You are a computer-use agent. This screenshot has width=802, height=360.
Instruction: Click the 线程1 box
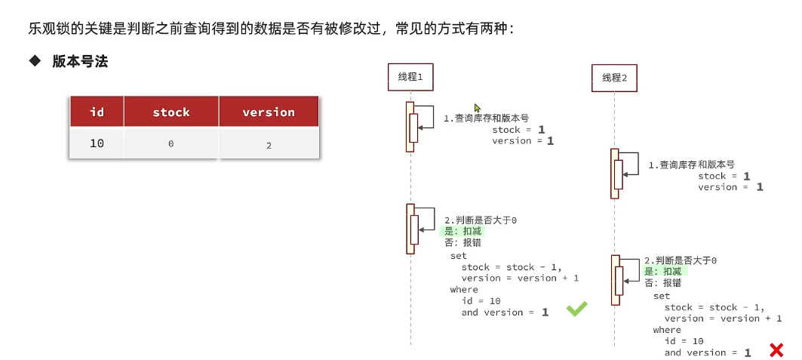(x=410, y=76)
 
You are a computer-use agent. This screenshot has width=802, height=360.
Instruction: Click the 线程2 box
(x=614, y=77)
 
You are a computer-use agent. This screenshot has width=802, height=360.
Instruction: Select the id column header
(x=97, y=112)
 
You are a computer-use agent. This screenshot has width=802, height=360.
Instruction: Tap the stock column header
(x=171, y=112)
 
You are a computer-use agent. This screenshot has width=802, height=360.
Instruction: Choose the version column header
(x=269, y=112)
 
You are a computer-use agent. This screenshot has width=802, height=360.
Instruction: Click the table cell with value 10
(x=97, y=143)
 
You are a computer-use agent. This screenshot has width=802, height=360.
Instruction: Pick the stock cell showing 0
(x=171, y=143)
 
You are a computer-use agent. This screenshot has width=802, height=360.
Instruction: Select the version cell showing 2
(x=269, y=144)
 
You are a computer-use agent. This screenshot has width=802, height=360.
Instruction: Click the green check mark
(x=577, y=309)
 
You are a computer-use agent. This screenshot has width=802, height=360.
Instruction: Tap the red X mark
(x=775, y=349)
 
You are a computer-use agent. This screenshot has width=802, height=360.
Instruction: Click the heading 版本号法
(x=80, y=62)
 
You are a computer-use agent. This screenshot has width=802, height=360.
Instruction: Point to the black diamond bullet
(x=34, y=62)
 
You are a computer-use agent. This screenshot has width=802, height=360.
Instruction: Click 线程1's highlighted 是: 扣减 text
(x=462, y=232)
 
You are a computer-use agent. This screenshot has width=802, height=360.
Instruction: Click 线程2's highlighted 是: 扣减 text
(x=665, y=272)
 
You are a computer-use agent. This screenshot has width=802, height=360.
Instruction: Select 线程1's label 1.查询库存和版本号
(x=486, y=118)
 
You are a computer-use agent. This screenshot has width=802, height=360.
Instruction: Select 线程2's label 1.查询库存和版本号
(x=691, y=165)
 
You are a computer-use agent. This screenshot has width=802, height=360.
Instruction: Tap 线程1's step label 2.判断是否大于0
(x=481, y=220)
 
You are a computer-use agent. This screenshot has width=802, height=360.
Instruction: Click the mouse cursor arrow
(x=477, y=108)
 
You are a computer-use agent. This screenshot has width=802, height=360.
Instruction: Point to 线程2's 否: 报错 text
(x=662, y=283)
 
